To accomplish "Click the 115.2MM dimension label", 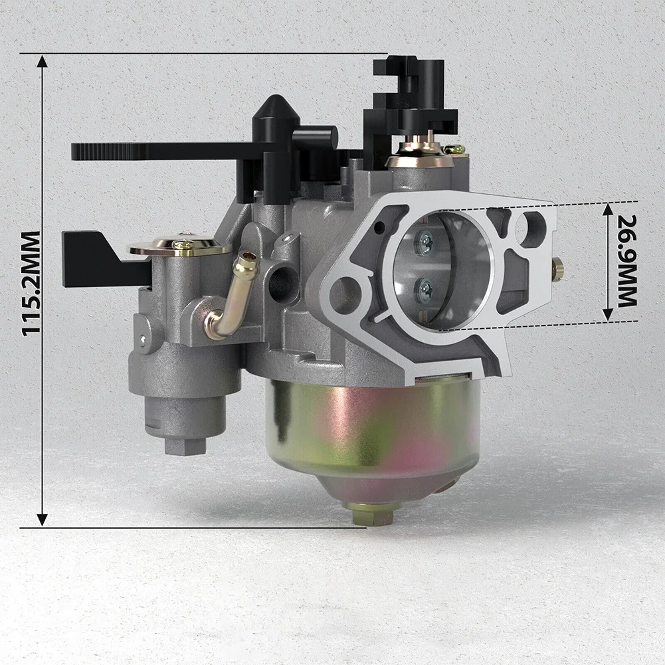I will coord(31,284).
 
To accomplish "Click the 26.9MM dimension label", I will coord(626,260).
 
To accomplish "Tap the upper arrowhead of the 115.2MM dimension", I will coord(42,62).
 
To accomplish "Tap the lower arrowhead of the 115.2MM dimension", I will coord(42,520).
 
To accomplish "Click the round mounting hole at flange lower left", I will coord(345,291).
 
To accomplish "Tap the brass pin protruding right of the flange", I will coord(558,268).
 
